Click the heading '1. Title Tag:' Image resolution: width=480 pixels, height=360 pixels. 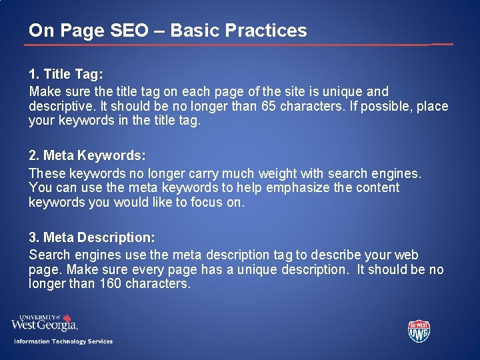(66, 74)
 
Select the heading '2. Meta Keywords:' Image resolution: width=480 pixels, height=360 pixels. (87, 156)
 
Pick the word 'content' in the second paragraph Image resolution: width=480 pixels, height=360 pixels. (378, 188)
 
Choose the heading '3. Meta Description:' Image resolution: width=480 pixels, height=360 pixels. (92, 237)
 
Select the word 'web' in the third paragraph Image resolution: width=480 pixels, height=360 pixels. (407, 255)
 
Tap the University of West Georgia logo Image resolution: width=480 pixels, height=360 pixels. (45, 323)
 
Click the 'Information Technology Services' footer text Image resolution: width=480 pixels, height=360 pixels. (64, 341)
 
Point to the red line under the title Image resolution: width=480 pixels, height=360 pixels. (227, 45)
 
